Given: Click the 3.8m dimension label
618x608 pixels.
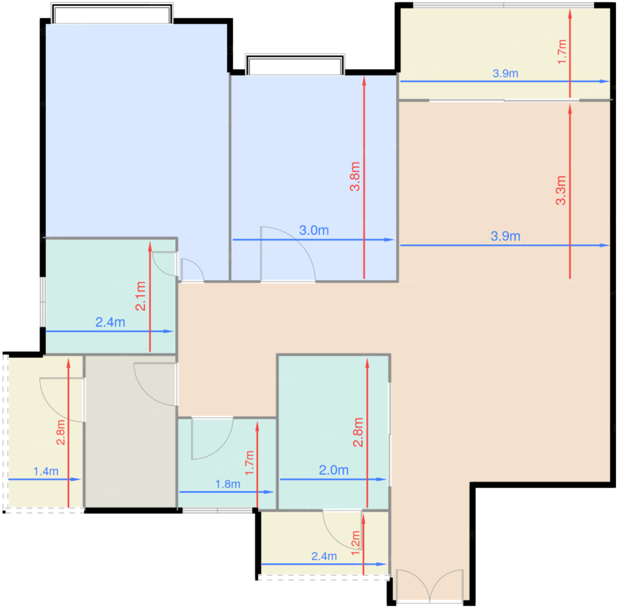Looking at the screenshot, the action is [x=355, y=176].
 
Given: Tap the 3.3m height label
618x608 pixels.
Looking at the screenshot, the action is [x=561, y=190].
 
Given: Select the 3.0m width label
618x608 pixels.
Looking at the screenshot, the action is [x=314, y=230].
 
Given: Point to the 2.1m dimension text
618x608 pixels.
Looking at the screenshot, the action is [x=140, y=296].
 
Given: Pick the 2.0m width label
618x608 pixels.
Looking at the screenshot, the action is [x=334, y=470].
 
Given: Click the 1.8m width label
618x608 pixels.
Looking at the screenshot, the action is [x=228, y=484].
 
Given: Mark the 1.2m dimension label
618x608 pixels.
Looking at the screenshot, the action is [x=355, y=543].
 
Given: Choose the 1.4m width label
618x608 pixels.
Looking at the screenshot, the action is [x=46, y=471].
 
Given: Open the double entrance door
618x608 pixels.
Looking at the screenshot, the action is [x=430, y=586].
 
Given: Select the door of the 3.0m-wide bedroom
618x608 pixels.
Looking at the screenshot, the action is [x=288, y=254].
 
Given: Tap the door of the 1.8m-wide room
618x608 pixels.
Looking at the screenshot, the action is [x=212, y=438].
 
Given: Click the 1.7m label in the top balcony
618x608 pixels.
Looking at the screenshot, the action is [x=562, y=52].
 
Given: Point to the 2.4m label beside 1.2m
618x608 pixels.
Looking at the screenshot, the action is [x=324, y=556].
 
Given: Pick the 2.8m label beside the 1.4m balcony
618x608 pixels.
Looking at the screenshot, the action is [x=60, y=432].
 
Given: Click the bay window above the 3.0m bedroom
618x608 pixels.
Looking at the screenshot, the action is [x=295, y=65].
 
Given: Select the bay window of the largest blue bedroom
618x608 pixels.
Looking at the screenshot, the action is [x=112, y=13].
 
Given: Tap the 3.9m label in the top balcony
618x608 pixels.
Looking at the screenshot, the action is [x=505, y=73].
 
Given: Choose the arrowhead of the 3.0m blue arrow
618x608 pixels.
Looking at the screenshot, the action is [x=389, y=239].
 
